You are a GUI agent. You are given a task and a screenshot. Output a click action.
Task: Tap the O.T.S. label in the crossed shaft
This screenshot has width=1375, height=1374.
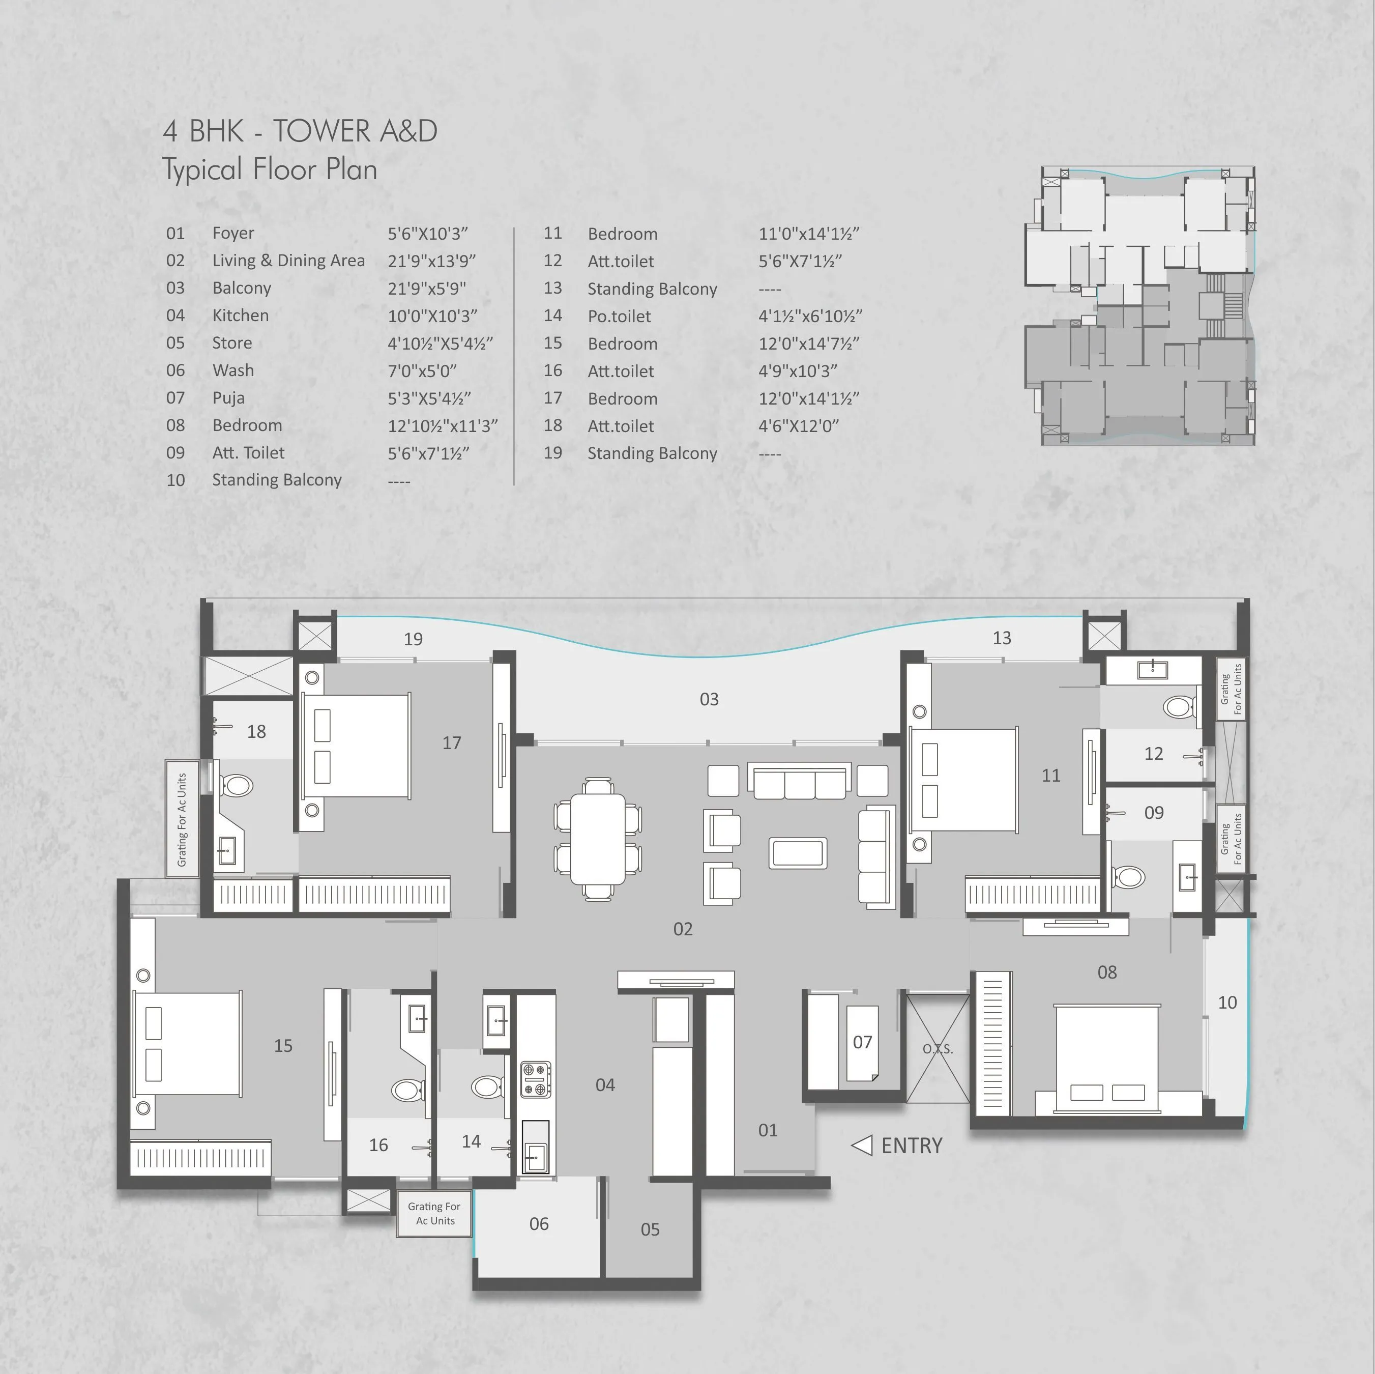[938, 1049]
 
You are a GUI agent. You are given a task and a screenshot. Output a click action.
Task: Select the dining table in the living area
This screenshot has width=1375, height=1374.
[598, 839]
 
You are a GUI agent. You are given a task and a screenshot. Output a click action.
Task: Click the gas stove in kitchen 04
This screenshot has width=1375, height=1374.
[535, 1080]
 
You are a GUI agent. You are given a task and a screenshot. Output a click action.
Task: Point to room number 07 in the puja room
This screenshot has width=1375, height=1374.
[862, 1042]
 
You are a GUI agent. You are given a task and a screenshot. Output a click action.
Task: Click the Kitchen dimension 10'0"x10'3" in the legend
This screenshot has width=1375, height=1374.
[432, 316]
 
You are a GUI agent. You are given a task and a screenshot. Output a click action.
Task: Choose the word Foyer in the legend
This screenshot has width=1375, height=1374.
[232, 233]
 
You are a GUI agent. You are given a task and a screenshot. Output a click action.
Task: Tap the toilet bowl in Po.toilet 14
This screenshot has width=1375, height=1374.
[487, 1087]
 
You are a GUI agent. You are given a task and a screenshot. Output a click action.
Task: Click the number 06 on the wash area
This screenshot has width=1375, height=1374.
[539, 1224]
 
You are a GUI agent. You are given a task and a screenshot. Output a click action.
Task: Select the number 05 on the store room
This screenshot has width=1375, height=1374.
[650, 1229]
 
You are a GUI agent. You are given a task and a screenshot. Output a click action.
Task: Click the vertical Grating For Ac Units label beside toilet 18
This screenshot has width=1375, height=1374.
[182, 819]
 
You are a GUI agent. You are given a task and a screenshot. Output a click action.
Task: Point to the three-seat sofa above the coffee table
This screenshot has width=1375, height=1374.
[799, 781]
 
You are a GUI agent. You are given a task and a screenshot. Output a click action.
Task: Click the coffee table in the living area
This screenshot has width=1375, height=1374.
[798, 853]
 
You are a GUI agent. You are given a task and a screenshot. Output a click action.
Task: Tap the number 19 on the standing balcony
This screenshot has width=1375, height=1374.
[413, 639]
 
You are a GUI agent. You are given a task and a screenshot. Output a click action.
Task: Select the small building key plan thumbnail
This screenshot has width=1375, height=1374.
[1140, 306]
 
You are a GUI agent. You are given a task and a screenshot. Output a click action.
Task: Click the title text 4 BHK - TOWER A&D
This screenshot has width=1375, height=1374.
[300, 131]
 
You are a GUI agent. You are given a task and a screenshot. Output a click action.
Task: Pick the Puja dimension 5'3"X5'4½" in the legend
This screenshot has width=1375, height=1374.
[428, 398]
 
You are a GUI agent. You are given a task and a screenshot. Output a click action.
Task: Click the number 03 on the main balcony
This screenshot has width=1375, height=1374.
[709, 699]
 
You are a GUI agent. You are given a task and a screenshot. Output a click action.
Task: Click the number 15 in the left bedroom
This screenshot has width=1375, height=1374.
[283, 1046]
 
